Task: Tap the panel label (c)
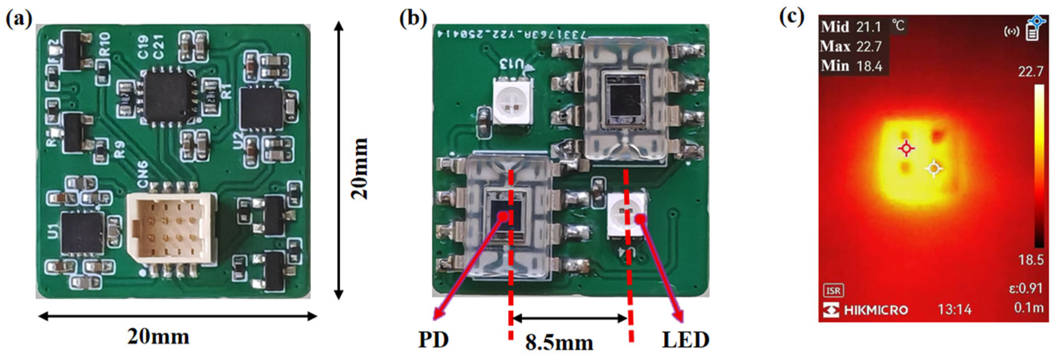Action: pos(792,18)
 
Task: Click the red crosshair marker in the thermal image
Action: pos(906,148)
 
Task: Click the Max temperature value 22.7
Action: pos(869,46)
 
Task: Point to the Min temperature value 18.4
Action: pos(869,66)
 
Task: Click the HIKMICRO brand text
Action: pos(876,309)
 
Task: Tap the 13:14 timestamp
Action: pos(954,309)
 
